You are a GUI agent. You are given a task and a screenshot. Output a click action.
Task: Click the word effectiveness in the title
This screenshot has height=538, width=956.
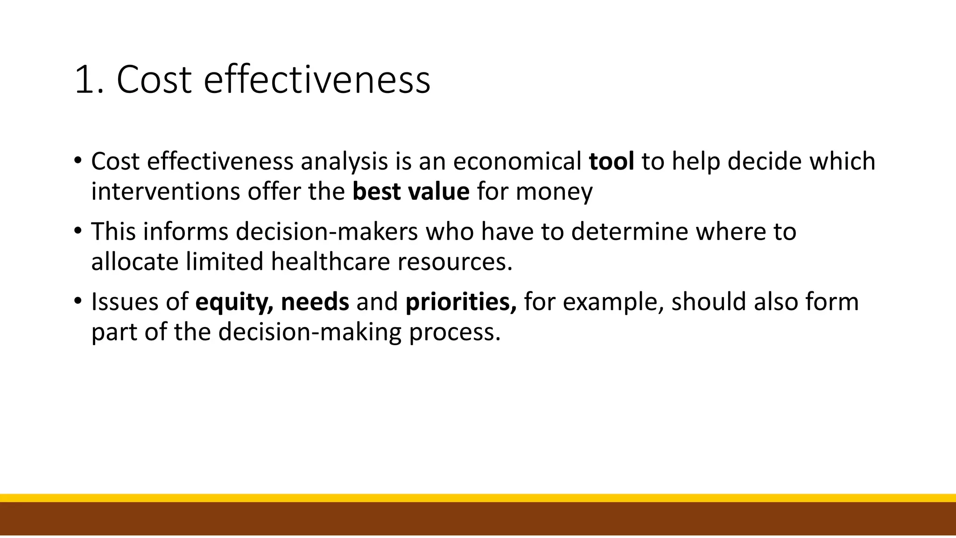click(x=317, y=79)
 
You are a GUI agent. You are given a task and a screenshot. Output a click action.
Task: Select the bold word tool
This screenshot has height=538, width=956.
click(x=611, y=162)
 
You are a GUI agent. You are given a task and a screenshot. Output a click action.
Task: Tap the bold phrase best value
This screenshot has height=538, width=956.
click(x=411, y=192)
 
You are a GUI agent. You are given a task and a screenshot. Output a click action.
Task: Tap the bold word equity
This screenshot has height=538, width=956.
click(x=234, y=302)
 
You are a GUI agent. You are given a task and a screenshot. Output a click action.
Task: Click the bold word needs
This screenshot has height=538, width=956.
click(x=315, y=302)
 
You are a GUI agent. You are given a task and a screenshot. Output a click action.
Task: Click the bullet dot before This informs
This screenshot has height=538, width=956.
click(x=78, y=230)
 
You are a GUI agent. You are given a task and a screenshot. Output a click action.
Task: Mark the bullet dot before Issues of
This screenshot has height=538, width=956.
click(x=78, y=300)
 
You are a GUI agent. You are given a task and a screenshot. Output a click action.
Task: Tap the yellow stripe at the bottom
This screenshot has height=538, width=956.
click(x=478, y=498)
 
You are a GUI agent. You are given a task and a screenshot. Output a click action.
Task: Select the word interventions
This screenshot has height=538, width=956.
click(x=165, y=192)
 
